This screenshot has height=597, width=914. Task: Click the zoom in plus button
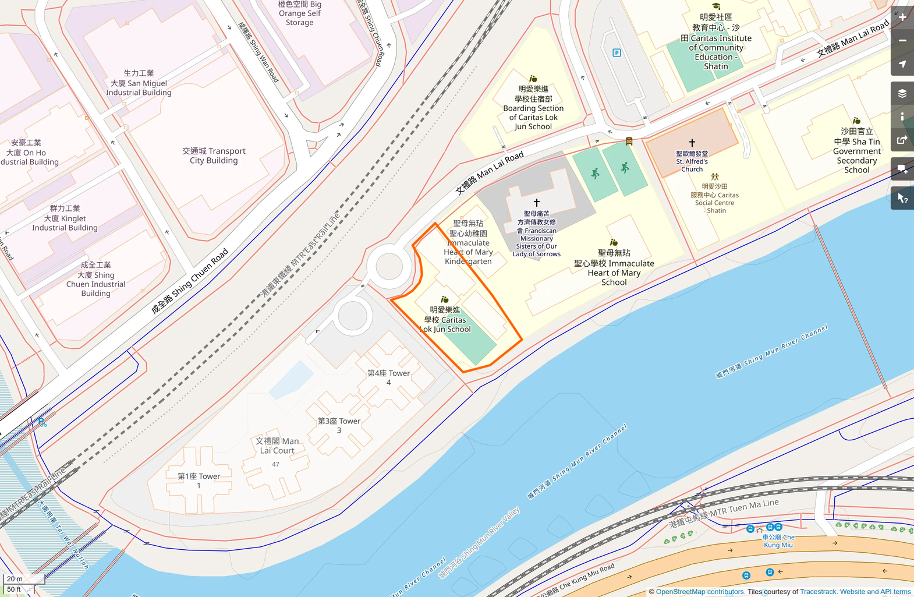click(x=902, y=17)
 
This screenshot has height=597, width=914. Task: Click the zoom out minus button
click(x=902, y=41)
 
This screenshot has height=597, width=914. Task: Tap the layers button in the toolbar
click(x=902, y=93)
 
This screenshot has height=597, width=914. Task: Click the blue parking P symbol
click(x=617, y=53)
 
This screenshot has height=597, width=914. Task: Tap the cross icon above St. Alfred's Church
click(x=692, y=143)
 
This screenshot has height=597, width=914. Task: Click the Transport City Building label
click(x=214, y=156)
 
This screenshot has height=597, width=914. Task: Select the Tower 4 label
click(x=388, y=377)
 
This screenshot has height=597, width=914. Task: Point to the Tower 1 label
click(x=199, y=481)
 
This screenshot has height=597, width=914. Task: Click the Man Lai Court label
click(x=277, y=446)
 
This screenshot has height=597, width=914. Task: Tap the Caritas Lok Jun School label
click(x=445, y=320)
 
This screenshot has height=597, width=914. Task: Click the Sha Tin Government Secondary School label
click(x=856, y=151)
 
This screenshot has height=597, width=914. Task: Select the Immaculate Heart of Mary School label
click(x=614, y=267)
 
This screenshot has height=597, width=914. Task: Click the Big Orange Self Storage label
click(x=299, y=13)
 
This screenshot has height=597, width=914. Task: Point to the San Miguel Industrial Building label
click(x=139, y=83)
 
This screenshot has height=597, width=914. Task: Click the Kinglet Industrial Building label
click(x=65, y=218)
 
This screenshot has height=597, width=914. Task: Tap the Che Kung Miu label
click(x=778, y=541)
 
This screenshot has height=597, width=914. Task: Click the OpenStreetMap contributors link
click(x=700, y=592)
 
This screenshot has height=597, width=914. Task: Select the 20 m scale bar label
click(x=15, y=579)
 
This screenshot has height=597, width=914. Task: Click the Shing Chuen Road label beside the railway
click(x=190, y=281)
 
